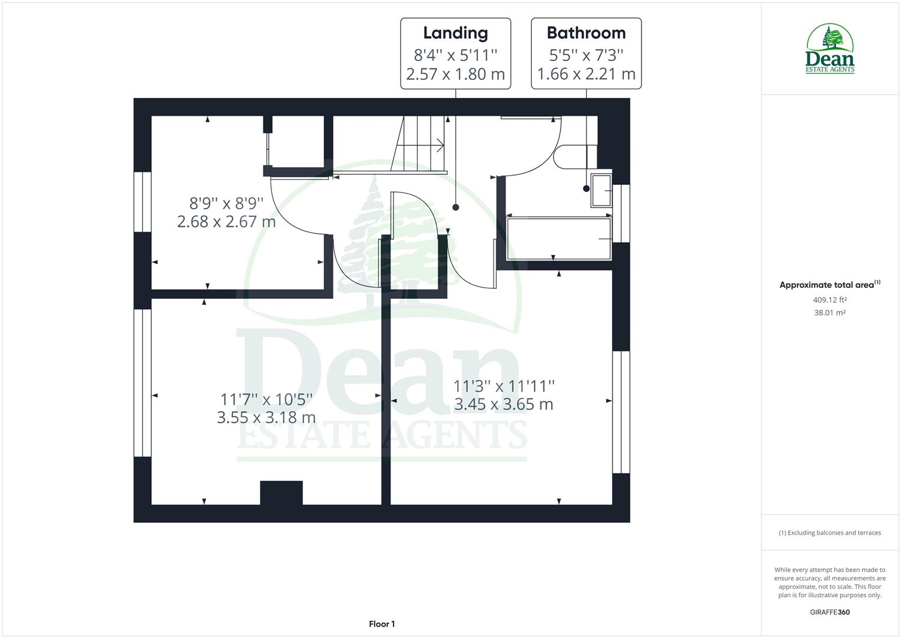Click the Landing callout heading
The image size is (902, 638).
[455, 33]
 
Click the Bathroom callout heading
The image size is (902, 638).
[586, 33]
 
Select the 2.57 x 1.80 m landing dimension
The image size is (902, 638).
[455, 74]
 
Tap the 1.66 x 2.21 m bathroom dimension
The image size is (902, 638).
[586, 74]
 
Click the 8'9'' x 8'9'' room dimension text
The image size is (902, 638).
[226, 204]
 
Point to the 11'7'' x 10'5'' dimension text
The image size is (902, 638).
[266, 400]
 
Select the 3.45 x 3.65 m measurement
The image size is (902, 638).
[503, 405]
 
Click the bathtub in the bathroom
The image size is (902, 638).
[559, 239]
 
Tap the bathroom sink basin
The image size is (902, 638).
[601, 190]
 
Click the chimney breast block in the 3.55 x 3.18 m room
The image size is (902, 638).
[281, 493]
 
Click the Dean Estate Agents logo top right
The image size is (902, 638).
[830, 49]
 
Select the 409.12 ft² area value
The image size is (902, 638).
[829, 300]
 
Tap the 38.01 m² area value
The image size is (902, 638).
[829, 313]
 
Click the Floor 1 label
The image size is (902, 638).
[382, 624]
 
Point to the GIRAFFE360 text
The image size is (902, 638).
[829, 612]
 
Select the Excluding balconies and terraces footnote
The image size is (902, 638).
[829, 533]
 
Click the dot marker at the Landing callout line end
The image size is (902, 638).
[455, 207]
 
